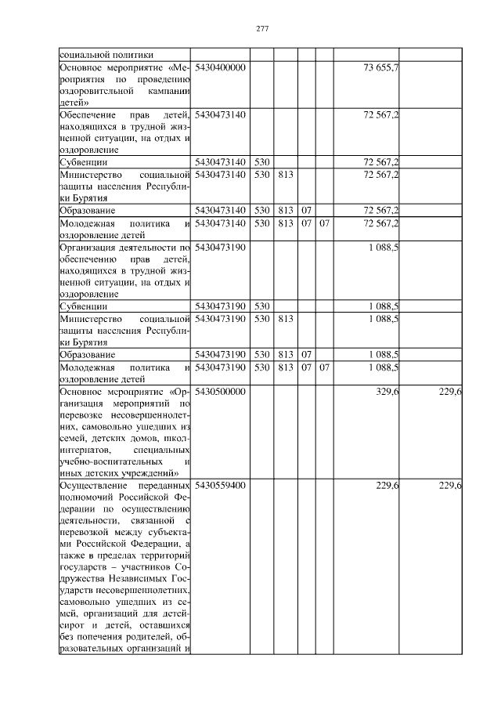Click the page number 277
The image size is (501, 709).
262,29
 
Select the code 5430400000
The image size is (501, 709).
221,67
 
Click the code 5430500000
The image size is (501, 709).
221,391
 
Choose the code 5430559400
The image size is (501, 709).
221,486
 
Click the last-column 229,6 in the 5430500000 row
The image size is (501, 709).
449,391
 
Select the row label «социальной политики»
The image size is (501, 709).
106,55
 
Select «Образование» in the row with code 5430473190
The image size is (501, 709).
88,354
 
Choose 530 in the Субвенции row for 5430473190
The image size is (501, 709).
261,306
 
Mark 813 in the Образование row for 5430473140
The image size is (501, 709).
285,210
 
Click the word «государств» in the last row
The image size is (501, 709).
85,567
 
